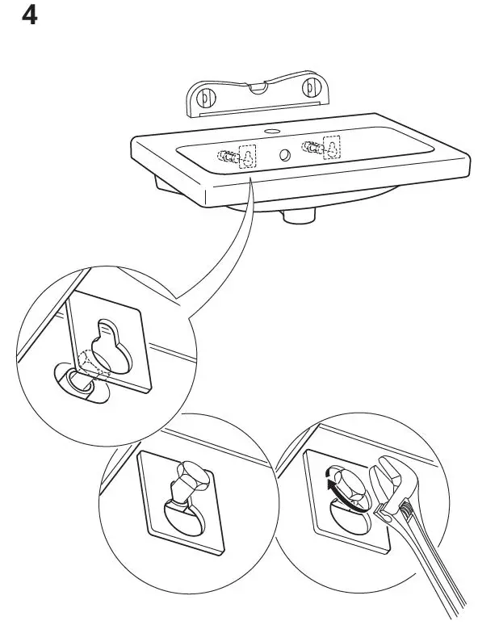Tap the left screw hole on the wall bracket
pos(204,99)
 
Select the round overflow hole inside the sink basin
pos(285,154)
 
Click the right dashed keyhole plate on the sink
pos(330,148)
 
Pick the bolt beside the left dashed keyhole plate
pos(229,153)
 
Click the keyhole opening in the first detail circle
pos(107,344)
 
